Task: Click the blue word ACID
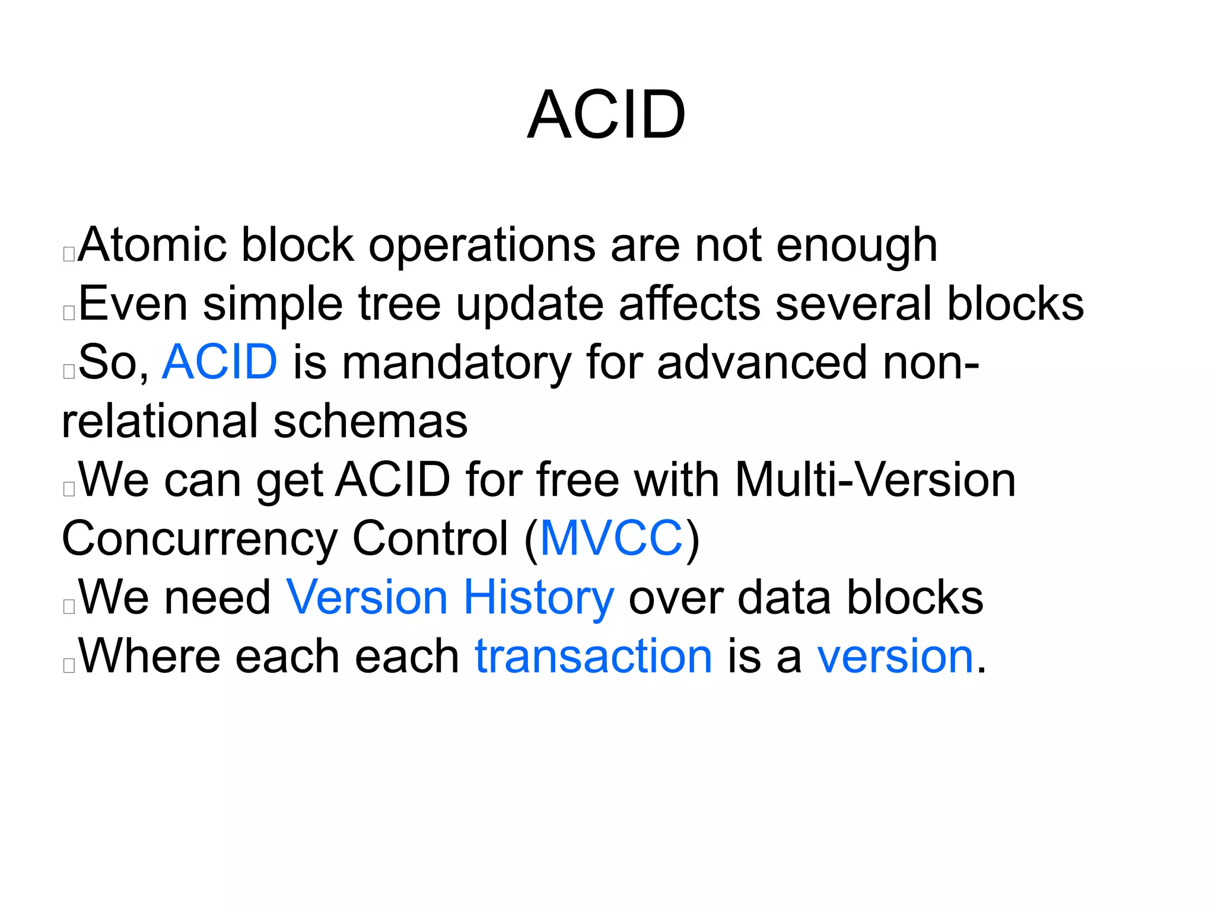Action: (220, 362)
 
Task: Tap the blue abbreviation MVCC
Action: (612, 539)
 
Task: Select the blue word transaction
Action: (593, 656)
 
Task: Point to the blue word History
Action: (538, 598)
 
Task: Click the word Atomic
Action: (152, 244)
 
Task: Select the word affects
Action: (689, 304)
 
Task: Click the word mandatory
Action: (456, 363)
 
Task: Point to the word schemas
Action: (370, 421)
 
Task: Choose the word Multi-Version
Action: (875, 479)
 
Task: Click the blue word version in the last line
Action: (895, 656)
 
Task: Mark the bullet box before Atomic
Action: (69, 254)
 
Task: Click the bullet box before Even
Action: (69, 313)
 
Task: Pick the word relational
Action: (160, 421)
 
